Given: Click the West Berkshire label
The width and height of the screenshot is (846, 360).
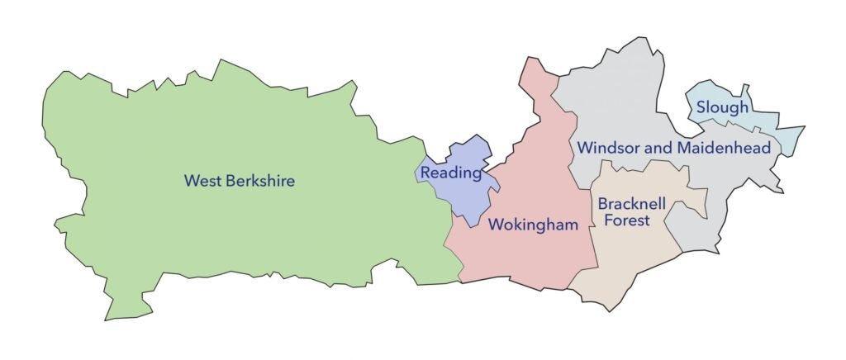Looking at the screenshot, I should click(240, 180).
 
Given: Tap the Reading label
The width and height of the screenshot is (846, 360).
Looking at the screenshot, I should click(450, 173).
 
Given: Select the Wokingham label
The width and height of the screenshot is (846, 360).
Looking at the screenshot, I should click(533, 225).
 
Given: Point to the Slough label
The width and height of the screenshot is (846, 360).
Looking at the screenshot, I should click(722, 107).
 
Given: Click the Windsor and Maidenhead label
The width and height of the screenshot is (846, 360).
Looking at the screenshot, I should click(674, 148).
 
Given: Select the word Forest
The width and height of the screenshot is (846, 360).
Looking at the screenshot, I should click(625, 220).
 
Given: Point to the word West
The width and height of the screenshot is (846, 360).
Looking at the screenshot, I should click(202, 180).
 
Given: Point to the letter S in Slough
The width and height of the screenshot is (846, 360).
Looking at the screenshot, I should click(701, 107).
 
